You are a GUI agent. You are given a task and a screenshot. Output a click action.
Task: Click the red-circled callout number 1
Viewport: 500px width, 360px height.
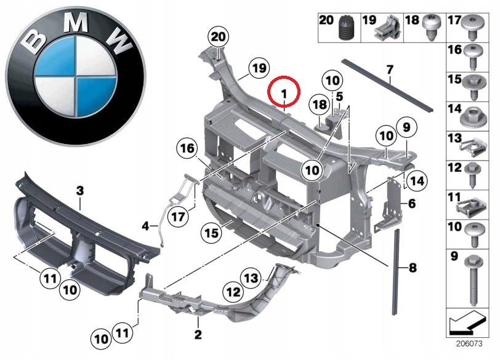tap(284, 92)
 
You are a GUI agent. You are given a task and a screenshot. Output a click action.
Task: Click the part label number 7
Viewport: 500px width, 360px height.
tap(389, 69)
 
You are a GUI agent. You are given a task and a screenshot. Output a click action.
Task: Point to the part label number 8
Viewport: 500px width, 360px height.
tap(412, 268)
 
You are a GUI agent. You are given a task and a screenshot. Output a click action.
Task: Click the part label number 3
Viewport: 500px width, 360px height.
tap(79, 191)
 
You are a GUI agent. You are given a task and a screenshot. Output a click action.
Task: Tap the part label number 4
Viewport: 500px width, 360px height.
tap(145, 226)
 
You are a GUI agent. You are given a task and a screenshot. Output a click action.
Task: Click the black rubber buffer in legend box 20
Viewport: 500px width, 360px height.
tap(344, 29)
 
